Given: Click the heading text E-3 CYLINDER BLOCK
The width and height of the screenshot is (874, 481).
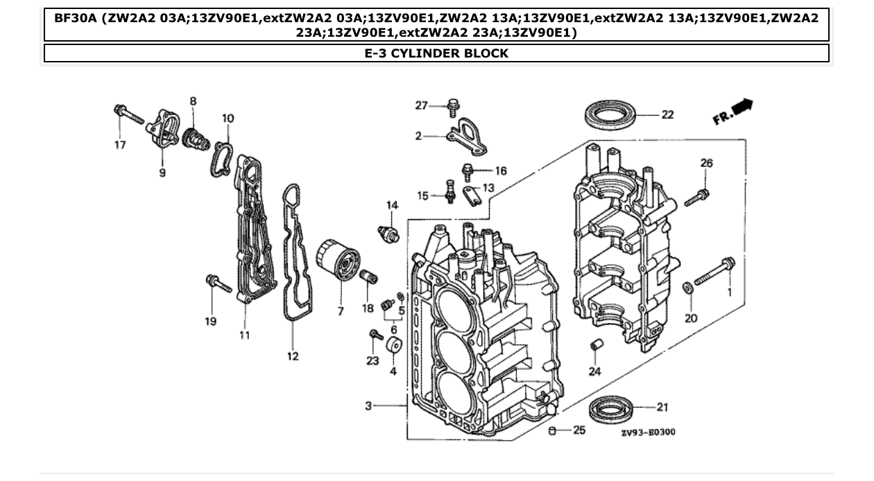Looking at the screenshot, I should coord(436,53).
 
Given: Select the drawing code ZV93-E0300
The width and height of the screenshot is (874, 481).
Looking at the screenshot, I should coord(648,432).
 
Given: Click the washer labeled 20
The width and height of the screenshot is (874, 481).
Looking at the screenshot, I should coord(685,287).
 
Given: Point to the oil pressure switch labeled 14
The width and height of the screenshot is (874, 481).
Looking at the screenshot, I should coord(389,231).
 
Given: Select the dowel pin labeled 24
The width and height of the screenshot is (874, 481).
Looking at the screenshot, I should coord(594,346).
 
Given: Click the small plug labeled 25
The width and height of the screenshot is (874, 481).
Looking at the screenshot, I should coord(553,431).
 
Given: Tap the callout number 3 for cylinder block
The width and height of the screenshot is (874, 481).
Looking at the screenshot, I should coord(369,406).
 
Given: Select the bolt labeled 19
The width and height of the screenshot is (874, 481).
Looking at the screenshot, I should coord(218,283).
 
